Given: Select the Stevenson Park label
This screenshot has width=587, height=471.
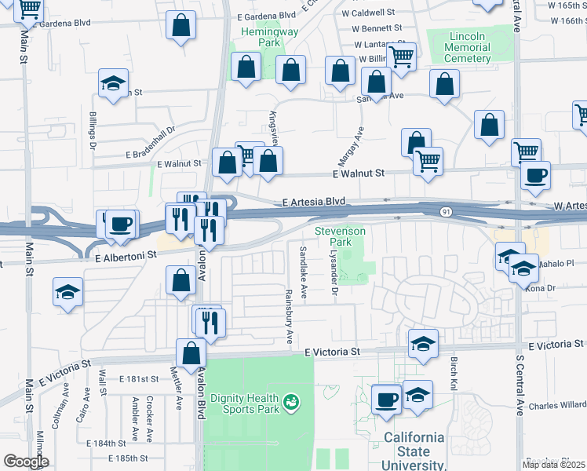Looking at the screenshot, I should (340, 237).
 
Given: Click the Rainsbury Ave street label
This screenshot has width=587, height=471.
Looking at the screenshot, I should (289, 316).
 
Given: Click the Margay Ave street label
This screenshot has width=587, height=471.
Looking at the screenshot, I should (358, 144).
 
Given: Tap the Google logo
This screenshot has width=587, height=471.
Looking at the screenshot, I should (26, 462).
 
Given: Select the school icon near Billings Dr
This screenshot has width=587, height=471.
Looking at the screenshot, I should (114, 83).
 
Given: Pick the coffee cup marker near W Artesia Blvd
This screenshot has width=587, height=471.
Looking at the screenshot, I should (536, 175).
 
